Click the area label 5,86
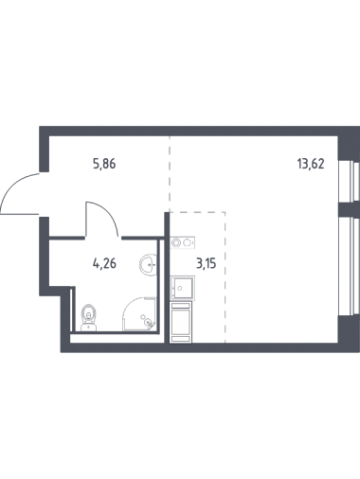(104, 164)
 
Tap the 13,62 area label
(311, 164)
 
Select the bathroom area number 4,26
(104, 263)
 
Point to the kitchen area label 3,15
(207, 263)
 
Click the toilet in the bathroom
(89, 317)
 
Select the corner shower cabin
(139, 314)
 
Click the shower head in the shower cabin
(149, 323)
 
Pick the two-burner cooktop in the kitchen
(183, 242)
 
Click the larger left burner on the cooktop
(176, 242)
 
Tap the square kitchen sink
(182, 288)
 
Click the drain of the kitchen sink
(180, 288)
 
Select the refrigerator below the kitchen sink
(181, 322)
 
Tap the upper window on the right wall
(349, 181)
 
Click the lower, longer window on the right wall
(349, 266)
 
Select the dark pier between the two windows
(349, 209)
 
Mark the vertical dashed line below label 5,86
(170, 174)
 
